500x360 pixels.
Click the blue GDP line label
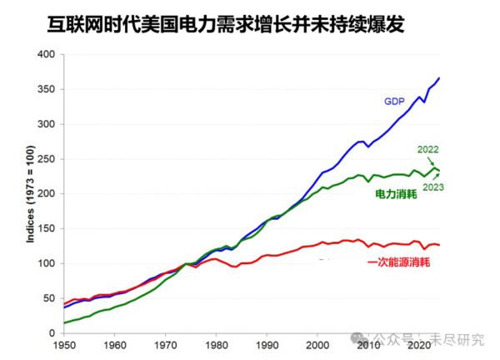pyautogui.click(x=394, y=102)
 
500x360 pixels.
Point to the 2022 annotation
pyautogui.click(x=428, y=150)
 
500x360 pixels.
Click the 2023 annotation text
pyautogui.click(x=433, y=187)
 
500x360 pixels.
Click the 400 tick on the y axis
pyautogui.click(x=47, y=55)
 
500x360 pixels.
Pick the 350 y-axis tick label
pyautogui.click(x=47, y=90)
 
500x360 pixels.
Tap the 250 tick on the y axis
pyautogui.click(x=47, y=159)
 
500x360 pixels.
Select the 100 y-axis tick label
pyautogui.click(x=47, y=263)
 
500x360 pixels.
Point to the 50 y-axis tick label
pyautogui.click(x=49, y=298)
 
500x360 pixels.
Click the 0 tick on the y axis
pyautogui.click(x=52, y=333)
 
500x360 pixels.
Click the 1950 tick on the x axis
pyautogui.click(x=64, y=344)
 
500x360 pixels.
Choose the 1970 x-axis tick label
pyautogui.click(x=167, y=344)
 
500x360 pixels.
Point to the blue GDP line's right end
pyautogui.click(x=439, y=77)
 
